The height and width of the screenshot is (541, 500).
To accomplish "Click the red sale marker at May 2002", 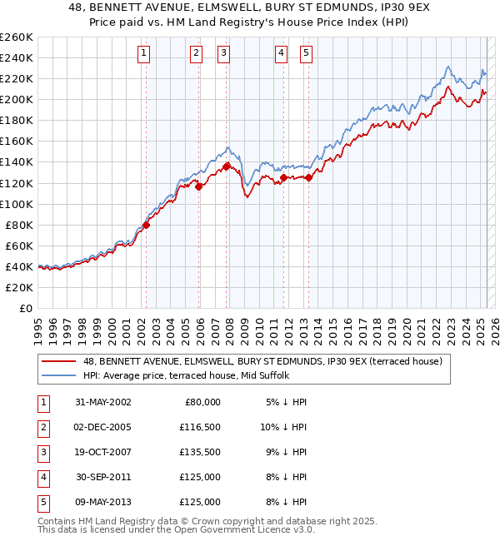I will pos(146,224).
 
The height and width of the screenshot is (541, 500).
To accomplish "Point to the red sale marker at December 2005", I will pos(198,186).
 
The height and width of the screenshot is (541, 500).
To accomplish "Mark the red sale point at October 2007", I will pos(226,166).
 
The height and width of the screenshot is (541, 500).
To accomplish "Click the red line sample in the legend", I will pos(59,361).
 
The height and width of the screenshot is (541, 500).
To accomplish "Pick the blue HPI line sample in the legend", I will pos(59,375).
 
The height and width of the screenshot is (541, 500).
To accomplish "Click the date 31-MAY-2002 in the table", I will pos(102,402).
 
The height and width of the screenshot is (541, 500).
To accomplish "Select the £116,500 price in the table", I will pos(200,427).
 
